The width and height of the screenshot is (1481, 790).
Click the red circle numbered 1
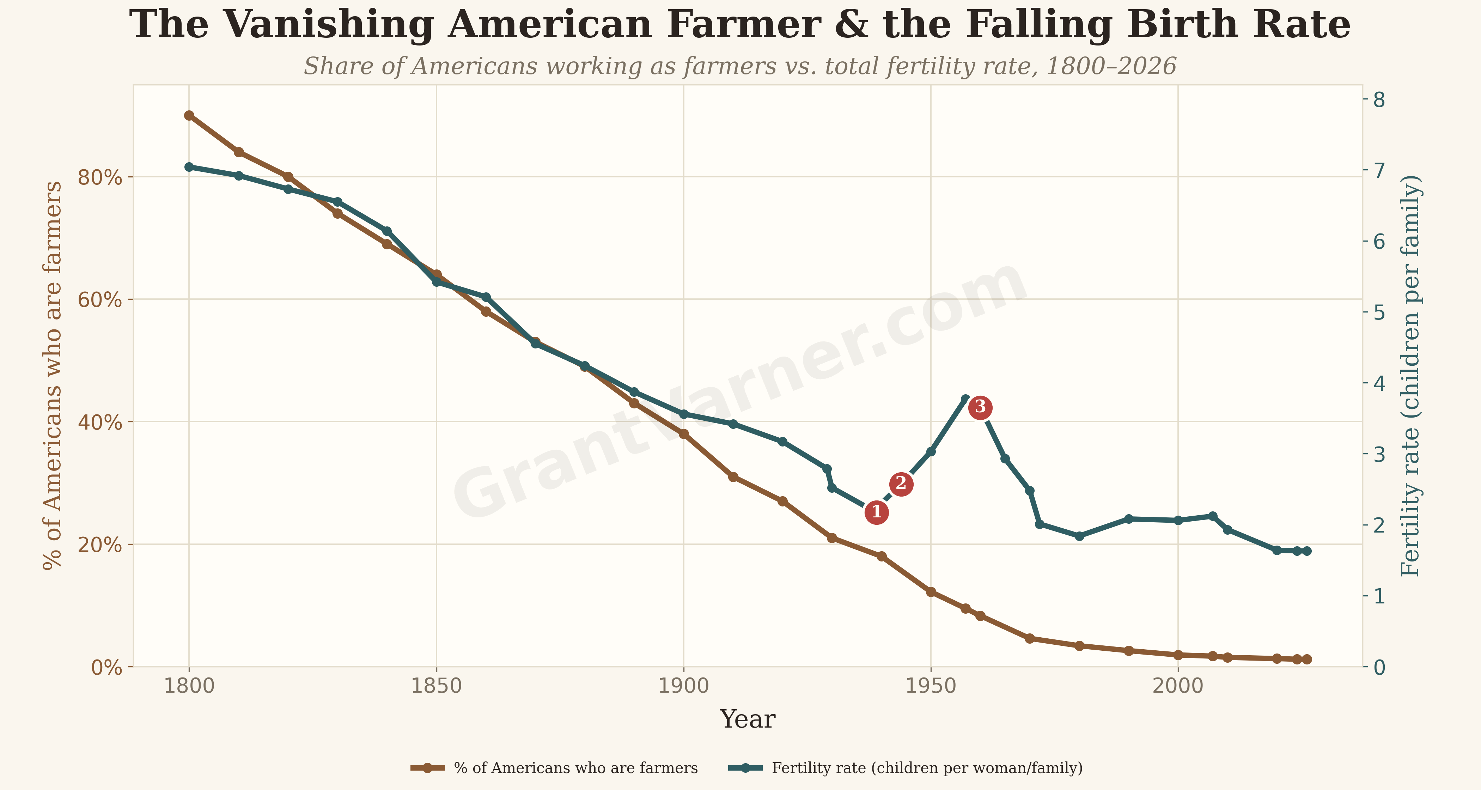click(x=876, y=512)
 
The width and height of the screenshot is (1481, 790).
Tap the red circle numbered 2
click(x=901, y=484)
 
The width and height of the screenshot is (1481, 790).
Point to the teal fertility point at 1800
click(x=189, y=167)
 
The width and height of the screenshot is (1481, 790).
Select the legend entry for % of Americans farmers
click(x=554, y=768)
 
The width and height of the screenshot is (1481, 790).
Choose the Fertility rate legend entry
click(x=906, y=768)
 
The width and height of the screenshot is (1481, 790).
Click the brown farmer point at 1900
click(x=684, y=434)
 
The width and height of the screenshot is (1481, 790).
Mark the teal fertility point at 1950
click(x=931, y=452)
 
